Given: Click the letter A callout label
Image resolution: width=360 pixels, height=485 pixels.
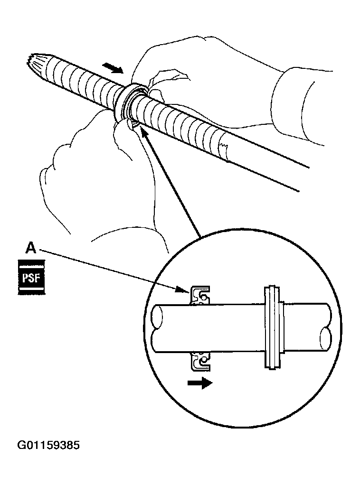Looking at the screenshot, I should [x=30, y=248].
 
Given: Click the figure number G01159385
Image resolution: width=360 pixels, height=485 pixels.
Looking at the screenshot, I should [x=48, y=446].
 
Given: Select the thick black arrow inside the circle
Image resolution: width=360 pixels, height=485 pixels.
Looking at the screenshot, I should [x=199, y=383].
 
